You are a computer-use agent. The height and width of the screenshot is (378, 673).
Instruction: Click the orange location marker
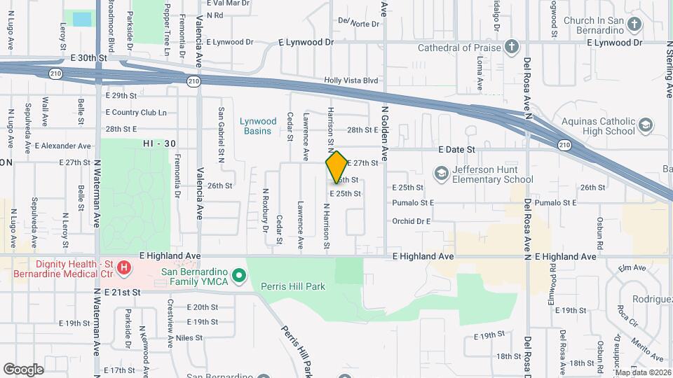point(336,167)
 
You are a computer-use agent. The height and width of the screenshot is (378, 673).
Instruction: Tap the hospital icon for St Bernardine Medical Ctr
point(124,267)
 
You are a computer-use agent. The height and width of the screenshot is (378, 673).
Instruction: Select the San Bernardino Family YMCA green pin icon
point(238,275)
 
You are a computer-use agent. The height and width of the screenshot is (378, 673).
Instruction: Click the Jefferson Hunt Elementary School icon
point(441,172)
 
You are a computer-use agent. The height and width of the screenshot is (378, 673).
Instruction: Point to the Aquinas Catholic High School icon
point(645,125)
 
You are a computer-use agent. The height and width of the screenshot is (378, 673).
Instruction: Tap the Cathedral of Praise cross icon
point(512,48)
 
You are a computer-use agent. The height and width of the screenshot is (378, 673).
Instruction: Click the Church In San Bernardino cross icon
point(634,25)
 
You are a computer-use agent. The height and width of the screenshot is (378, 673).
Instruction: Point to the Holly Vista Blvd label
point(351,80)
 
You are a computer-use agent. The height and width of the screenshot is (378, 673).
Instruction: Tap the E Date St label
point(456,149)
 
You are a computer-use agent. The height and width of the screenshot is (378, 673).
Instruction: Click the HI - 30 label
point(158,143)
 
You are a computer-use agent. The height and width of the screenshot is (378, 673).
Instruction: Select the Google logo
point(23,369)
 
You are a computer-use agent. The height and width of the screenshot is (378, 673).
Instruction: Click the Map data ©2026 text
point(642,372)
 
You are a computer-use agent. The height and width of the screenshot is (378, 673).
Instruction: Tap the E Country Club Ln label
point(136,112)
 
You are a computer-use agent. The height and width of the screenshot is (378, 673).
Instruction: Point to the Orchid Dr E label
point(411,221)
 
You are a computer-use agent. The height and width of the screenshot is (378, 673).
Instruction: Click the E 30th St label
point(87,57)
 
